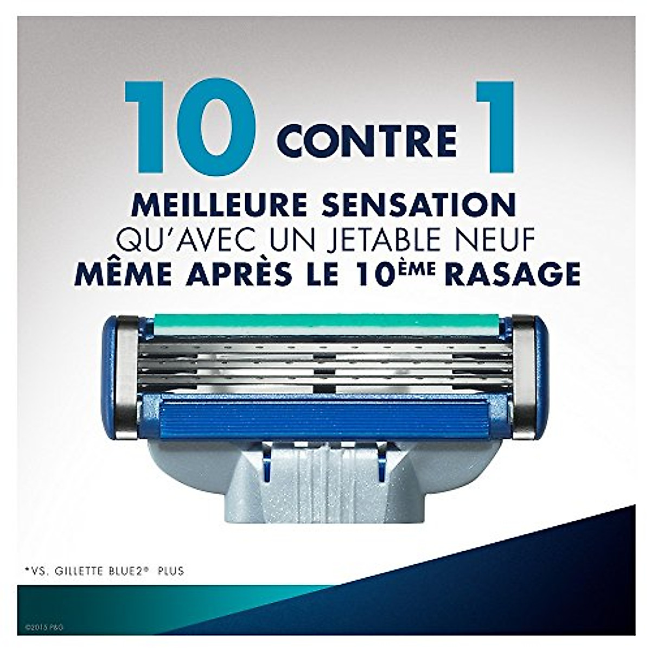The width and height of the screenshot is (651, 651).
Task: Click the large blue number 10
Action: click(x=190, y=128)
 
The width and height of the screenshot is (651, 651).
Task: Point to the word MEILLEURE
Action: click(x=217, y=205)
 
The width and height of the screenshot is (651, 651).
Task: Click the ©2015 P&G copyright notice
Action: click(x=44, y=627)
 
